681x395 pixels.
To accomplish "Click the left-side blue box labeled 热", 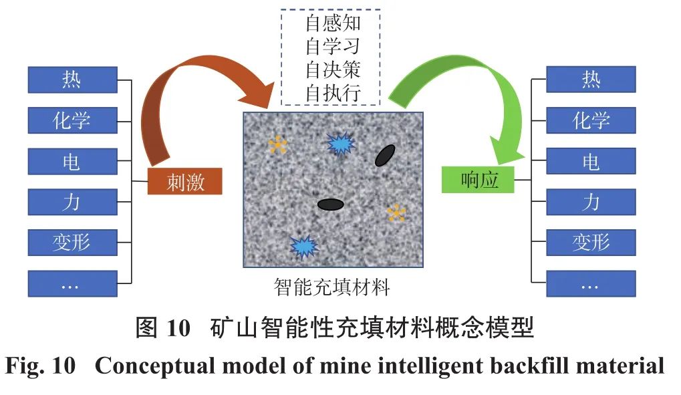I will tap(72, 80).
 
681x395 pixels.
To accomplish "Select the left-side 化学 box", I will tap(72, 120).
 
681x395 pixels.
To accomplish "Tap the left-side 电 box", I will tap(72, 162).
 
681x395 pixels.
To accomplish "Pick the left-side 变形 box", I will tap(72, 243).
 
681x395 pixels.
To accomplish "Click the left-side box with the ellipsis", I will tap(72, 284).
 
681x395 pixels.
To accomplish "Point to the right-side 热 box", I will tap(591, 80).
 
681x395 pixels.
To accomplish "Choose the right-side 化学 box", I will tap(591, 120).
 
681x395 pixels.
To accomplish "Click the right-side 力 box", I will tap(591, 202).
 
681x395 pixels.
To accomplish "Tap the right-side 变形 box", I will tap(591, 243).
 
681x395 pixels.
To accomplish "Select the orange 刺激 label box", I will tap(184, 181).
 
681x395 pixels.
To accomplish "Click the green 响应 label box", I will tap(479, 180).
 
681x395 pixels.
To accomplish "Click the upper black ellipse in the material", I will tap(385, 155).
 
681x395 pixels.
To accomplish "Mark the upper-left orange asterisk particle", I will tap(277, 144).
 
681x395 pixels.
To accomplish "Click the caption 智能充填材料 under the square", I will tap(331, 288).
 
